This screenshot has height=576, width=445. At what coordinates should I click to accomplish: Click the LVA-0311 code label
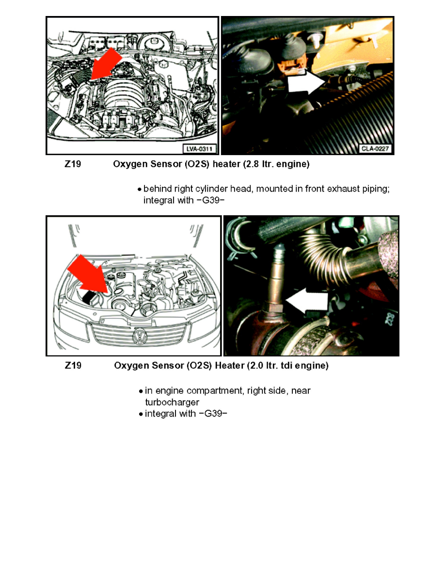[200, 148]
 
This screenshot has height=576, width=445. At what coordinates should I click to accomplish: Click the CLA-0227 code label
[376, 148]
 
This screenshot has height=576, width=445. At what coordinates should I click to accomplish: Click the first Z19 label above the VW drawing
[73, 165]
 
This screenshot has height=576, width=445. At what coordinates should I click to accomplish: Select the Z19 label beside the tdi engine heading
[73, 367]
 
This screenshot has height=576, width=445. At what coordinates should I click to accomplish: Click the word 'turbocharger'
[172, 402]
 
